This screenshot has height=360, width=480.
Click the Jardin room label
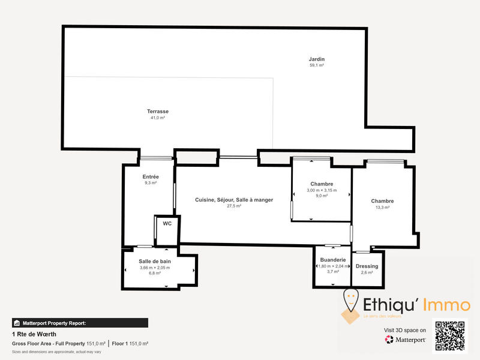316,59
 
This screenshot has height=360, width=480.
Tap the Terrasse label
158,112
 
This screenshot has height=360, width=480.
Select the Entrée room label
151,177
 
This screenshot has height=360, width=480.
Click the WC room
167,224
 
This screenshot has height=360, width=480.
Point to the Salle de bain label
155,261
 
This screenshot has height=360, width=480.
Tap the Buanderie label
331,259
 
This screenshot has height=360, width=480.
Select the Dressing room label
367,266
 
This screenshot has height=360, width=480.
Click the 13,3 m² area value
382,208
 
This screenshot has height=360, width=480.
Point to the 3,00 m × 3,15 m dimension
322,190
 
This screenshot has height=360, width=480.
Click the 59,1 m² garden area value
316,65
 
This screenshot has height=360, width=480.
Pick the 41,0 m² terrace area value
158,118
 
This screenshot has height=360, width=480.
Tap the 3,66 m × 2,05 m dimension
155,268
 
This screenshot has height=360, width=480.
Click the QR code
449,337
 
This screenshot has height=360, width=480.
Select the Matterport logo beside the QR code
406,340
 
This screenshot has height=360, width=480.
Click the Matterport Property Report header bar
80,323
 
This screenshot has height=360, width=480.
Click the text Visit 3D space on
405,330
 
